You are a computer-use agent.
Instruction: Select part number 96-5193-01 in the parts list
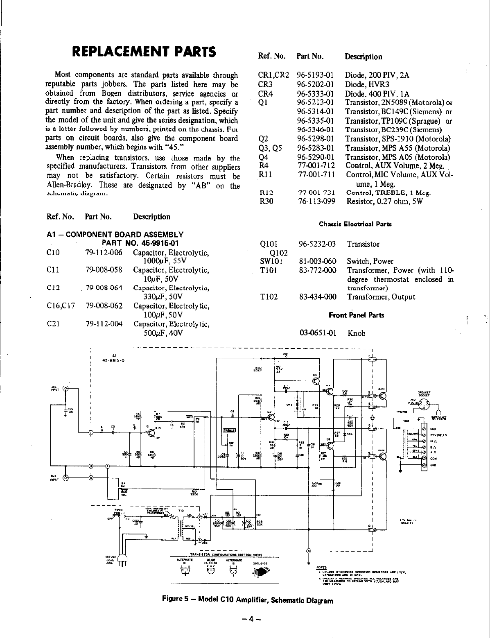pyautogui.click(x=316, y=75)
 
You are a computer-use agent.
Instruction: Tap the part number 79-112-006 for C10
pyautogui.click(x=104, y=253)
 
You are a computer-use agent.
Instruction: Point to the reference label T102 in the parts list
pyautogui.click(x=269, y=297)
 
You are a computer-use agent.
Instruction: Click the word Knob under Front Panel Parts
pyautogui.click(x=356, y=333)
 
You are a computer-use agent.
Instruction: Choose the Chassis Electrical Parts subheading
pyautogui.click(x=355, y=224)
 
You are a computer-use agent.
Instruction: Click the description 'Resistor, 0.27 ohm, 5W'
pyautogui.click(x=385, y=201)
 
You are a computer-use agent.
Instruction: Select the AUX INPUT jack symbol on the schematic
pyautogui.click(x=65, y=477)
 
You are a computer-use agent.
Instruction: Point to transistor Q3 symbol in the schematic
pyautogui.click(x=316, y=381)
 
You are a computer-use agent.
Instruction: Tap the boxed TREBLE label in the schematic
pyautogui.click(x=228, y=430)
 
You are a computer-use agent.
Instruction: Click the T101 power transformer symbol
pyautogui.click(x=179, y=523)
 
